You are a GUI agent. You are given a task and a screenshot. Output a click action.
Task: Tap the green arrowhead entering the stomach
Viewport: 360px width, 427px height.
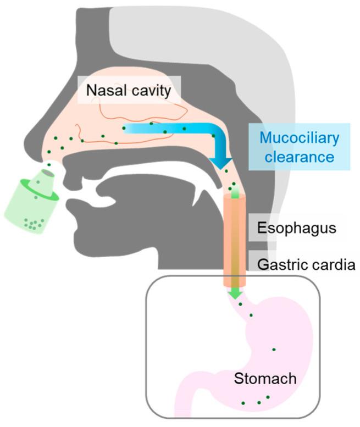click(x=235, y=294)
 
